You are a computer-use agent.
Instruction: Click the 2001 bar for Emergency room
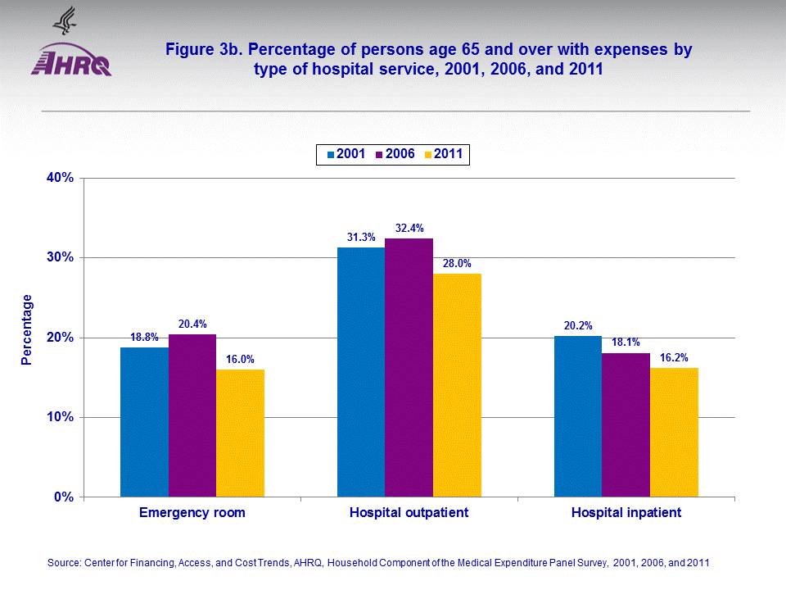pyautogui.click(x=144, y=422)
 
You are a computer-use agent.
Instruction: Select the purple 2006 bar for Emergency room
pyautogui.click(x=192, y=415)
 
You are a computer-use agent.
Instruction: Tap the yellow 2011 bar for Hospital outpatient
pyautogui.click(x=457, y=385)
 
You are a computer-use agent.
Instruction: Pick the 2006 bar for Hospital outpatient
pyautogui.click(x=409, y=368)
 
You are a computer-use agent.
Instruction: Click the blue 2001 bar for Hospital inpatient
pyautogui.click(x=577, y=416)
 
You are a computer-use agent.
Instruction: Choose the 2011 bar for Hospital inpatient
pyautogui.click(x=674, y=433)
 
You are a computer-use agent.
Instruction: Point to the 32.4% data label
pyautogui.click(x=409, y=229)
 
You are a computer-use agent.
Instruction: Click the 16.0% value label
pyautogui.click(x=240, y=359)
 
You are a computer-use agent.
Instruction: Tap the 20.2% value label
pyautogui.click(x=577, y=325)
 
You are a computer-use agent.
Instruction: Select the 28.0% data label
pyautogui.click(x=457, y=263)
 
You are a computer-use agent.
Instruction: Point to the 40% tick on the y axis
pyautogui.click(x=57, y=178)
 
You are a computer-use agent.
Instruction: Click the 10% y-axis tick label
pyautogui.click(x=57, y=417)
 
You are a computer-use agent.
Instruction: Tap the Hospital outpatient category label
pyautogui.click(x=409, y=513)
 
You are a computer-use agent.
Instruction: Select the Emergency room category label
pyautogui.click(x=192, y=513)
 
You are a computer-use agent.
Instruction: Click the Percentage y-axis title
pyautogui.click(x=28, y=329)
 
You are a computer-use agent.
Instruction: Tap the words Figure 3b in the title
pyautogui.click(x=201, y=50)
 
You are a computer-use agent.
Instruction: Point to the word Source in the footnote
pyautogui.click(x=63, y=563)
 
